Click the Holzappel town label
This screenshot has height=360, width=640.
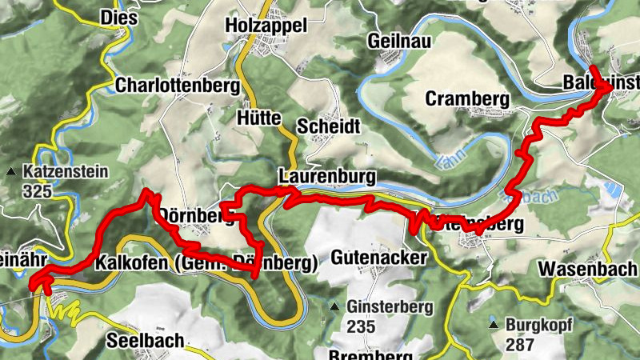tap(267, 26)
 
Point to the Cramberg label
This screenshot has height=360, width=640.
tap(468, 98)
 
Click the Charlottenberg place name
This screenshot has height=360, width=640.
tap(178, 85)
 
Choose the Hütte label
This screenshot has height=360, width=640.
tap(259, 118)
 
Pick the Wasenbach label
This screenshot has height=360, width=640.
tap(587, 268)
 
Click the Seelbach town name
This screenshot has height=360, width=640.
tap(145, 339)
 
